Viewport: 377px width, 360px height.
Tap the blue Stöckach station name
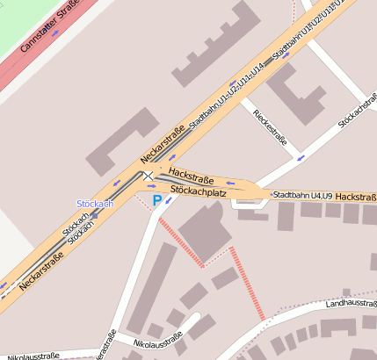(95, 204)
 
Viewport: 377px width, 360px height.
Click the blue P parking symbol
(157, 200)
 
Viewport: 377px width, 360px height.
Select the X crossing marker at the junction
(149, 176)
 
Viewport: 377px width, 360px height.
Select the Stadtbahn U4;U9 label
(302, 195)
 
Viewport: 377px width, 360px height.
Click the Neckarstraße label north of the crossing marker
(161, 146)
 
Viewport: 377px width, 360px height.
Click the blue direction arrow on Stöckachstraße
(301, 158)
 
